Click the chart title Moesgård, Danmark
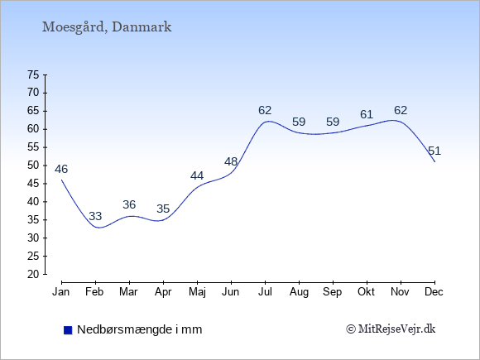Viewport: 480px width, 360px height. coord(107,27)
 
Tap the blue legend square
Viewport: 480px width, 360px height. coord(68,330)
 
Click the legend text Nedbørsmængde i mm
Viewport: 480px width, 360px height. coord(140,329)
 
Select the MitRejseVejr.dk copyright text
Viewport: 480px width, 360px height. coord(391,329)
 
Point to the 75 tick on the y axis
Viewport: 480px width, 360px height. coord(33,74)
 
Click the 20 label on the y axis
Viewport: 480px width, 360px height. coord(33,274)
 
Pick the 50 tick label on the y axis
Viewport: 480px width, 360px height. coord(33,166)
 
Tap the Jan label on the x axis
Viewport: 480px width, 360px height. coord(61,292)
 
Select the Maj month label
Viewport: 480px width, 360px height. coord(197,292)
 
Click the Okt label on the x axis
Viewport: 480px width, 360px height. coord(366,292)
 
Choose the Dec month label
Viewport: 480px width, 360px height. coord(434,292)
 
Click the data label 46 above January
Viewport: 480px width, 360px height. coord(61,169)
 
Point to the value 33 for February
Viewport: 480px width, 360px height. coord(95,217)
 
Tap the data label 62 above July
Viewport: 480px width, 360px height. coord(265,110)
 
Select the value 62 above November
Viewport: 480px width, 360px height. coord(401,110)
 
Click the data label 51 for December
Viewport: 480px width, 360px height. coord(434,151)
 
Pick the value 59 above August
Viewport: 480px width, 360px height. coord(299,122)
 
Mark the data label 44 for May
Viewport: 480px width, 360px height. coord(197,176)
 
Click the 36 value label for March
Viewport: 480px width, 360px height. coord(129,204)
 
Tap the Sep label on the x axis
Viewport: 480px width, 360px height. coord(333,292)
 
